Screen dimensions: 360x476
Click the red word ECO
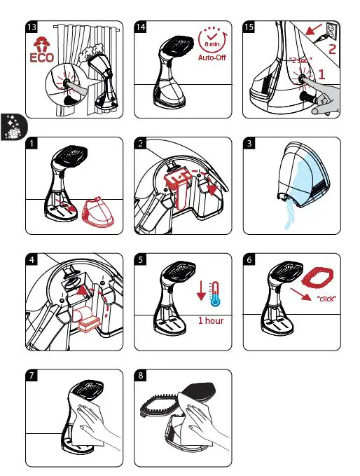(x=42, y=57)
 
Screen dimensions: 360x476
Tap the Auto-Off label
(x=212, y=57)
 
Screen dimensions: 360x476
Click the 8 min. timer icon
(x=212, y=40)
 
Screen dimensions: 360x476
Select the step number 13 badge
(x=32, y=27)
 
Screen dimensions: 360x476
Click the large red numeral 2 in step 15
(x=333, y=48)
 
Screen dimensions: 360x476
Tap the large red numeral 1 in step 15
(x=321, y=74)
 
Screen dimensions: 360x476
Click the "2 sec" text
(x=300, y=60)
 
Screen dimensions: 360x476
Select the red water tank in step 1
(x=98, y=212)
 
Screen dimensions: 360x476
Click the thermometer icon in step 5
(x=215, y=294)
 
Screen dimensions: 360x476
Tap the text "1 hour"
(x=211, y=320)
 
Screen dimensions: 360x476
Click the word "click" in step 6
(x=326, y=299)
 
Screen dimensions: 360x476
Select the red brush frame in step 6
(x=317, y=276)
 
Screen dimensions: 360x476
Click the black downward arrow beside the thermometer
(x=201, y=290)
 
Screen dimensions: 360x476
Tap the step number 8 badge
(x=140, y=375)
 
